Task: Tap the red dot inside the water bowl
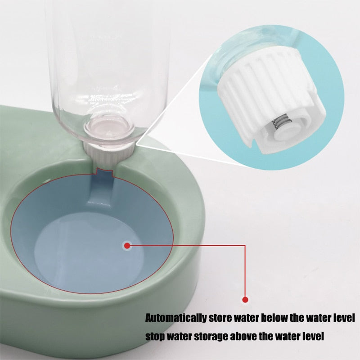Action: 127,246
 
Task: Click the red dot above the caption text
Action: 245,300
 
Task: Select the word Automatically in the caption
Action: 176,319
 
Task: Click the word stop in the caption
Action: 155,337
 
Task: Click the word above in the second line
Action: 243,336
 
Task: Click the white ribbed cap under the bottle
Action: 108,153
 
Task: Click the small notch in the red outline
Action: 105,172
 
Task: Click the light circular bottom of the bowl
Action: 89,250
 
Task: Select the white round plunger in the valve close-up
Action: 285,133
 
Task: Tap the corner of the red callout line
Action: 245,245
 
